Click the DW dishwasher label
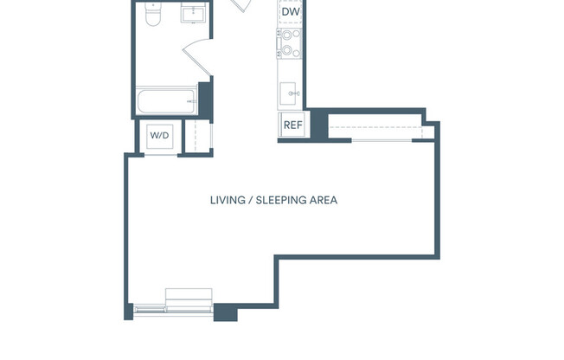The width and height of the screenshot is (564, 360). coord(291,12)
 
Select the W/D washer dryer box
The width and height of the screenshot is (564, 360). coord(159,136)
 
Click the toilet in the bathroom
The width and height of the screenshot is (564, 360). coord(151,15)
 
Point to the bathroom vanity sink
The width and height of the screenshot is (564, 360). coord(192,14)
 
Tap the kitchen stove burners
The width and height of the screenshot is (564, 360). coord(289,43)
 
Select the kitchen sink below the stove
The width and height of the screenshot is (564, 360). coord(291,91)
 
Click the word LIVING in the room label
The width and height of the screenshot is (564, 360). coord(227,200)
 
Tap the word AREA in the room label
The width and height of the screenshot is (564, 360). coord(324,200)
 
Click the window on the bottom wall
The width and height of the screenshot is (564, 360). coord(173,307)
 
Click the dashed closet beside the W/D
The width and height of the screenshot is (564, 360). coord(196,137)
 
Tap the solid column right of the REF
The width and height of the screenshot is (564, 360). coord(317,125)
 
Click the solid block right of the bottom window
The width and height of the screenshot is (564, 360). coord(225,312)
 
